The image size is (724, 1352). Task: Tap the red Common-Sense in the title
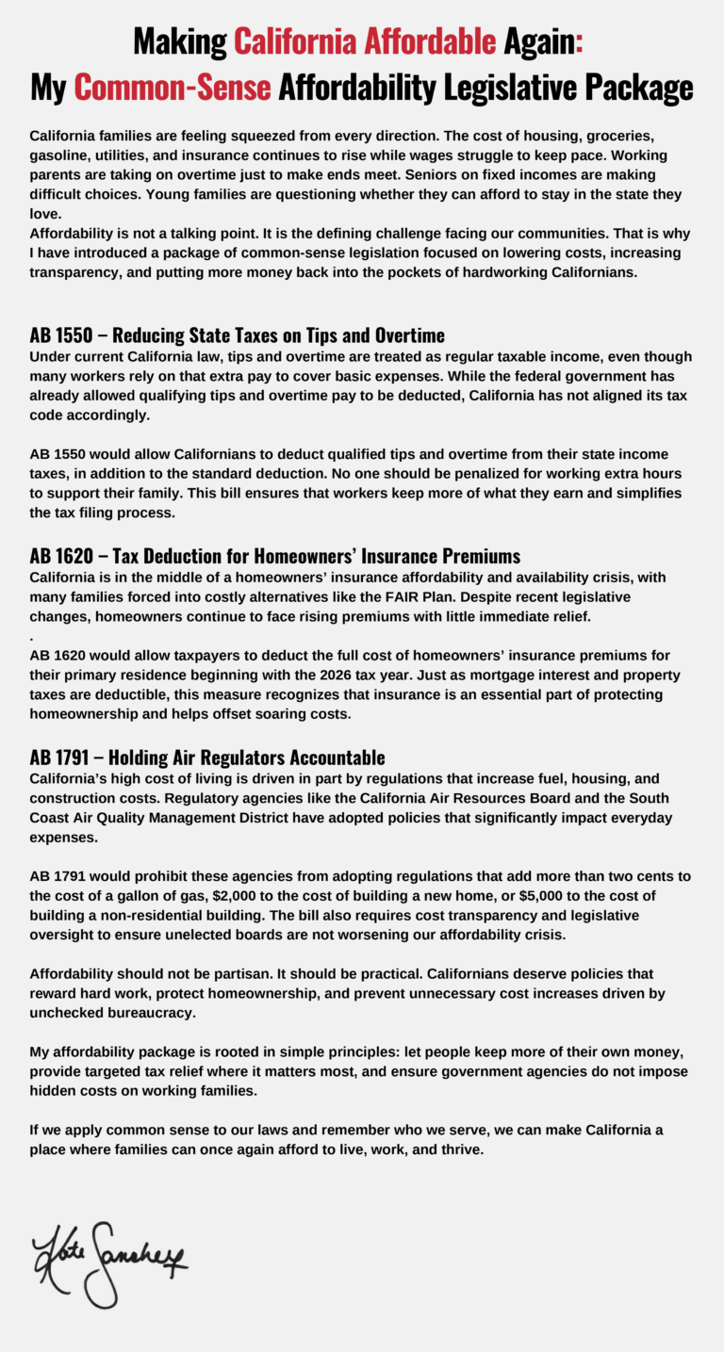tap(173, 88)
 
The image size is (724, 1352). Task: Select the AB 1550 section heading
tap(237, 335)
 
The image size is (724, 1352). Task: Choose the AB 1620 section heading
tap(274, 556)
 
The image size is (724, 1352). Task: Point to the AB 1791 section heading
tap(207, 757)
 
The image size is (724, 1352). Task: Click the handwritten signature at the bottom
tap(108, 1262)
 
